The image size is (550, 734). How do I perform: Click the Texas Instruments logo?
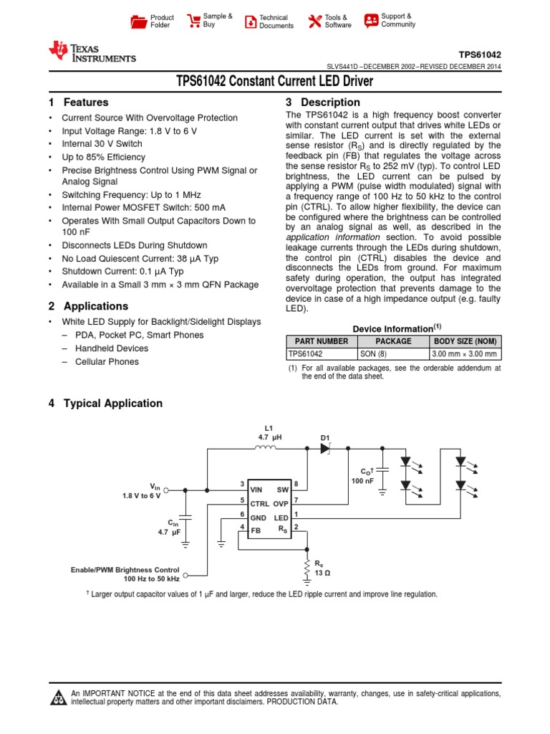[91, 51]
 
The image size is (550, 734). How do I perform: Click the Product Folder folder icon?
[138, 21]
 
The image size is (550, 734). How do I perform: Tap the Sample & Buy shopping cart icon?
[193, 21]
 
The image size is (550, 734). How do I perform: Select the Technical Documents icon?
[250, 22]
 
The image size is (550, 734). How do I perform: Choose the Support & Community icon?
[371, 21]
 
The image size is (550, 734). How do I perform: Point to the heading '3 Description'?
[322, 103]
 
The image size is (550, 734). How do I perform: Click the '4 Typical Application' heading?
[105, 404]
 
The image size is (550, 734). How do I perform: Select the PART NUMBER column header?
[322, 341]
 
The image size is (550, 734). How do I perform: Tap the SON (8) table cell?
[393, 353]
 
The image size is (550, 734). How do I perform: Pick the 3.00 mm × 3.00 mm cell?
[465, 353]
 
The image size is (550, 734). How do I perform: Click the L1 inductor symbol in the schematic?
[266, 449]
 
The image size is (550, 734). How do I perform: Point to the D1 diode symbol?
[326, 449]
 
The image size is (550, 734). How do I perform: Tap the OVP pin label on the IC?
[281, 504]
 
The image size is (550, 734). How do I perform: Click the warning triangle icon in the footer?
[58, 697]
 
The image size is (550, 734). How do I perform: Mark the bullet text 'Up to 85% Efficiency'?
[103, 157]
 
